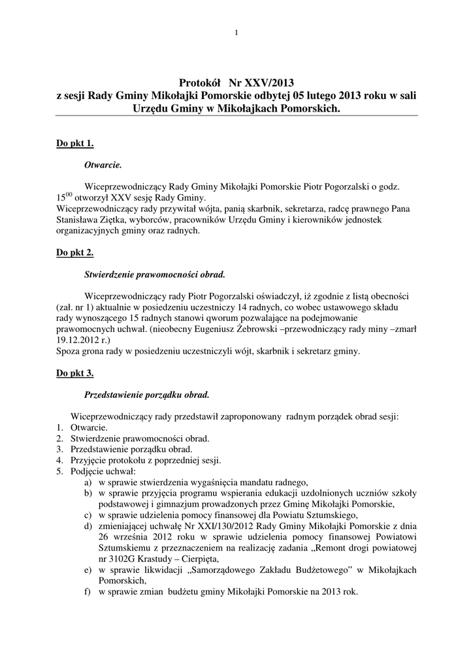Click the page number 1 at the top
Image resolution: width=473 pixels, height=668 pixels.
click(x=236, y=33)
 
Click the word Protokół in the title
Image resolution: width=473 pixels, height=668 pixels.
click(x=199, y=83)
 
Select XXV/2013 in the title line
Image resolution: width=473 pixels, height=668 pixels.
click(x=270, y=83)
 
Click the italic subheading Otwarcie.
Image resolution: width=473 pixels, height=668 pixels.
click(x=104, y=166)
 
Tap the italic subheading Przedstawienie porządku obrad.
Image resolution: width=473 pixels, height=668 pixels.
click(x=147, y=395)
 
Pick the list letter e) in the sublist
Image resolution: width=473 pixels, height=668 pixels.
click(x=88, y=570)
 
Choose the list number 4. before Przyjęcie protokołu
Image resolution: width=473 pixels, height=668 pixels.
click(x=59, y=460)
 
